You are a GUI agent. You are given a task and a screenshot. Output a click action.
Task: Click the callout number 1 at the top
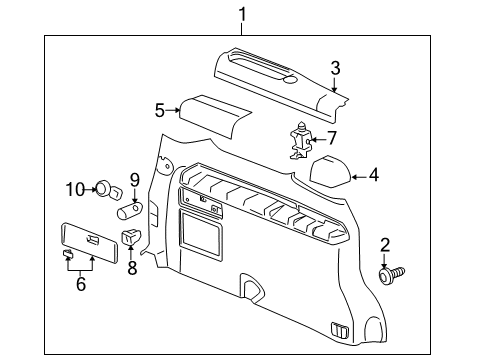(x=241, y=13)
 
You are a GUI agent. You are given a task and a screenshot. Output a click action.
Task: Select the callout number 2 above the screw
(x=385, y=244)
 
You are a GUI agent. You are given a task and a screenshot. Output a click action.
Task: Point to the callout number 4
(x=373, y=175)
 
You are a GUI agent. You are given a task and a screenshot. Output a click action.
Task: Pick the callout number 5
(x=158, y=111)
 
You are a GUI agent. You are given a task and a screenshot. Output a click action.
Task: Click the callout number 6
(x=81, y=285)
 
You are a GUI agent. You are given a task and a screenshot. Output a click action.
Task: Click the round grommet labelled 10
(x=103, y=187)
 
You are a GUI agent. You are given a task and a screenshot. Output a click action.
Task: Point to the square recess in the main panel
(x=204, y=236)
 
